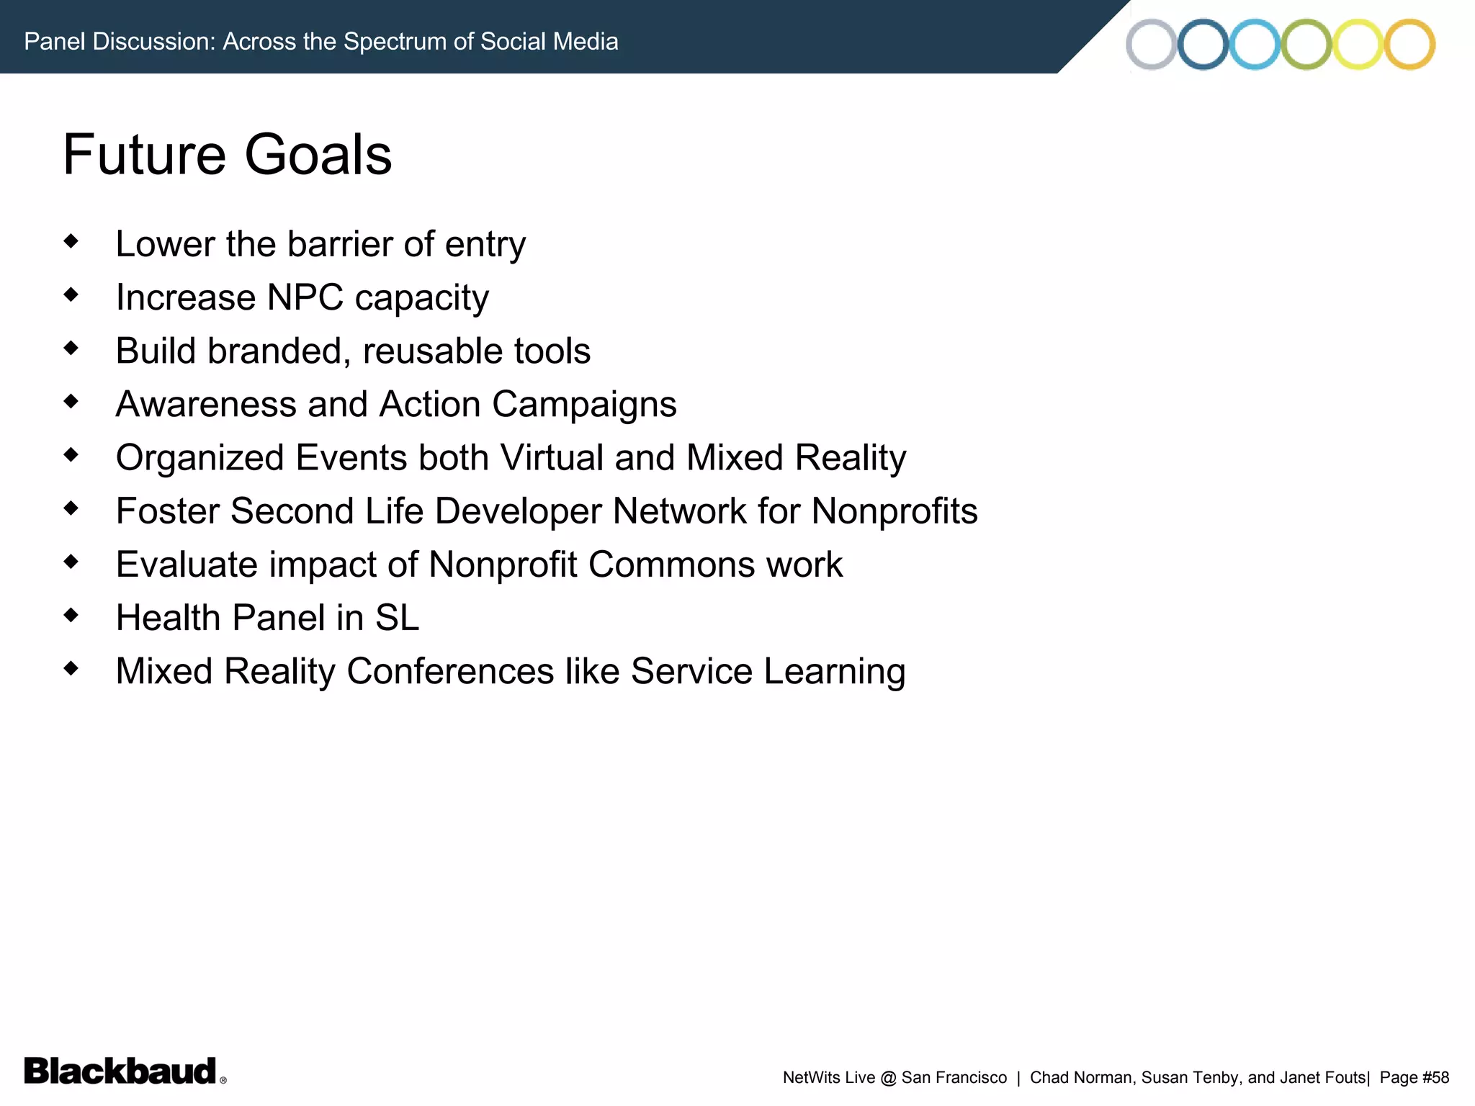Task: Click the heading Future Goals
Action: tap(228, 155)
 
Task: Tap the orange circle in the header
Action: tap(1409, 44)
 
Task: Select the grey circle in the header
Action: tap(1151, 44)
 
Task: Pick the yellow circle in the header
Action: tap(1358, 44)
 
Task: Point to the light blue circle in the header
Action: tap(1255, 44)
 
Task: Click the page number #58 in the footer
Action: tap(1435, 1078)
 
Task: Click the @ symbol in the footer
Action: tap(888, 1078)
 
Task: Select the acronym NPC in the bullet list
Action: tap(305, 297)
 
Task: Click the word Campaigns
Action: tap(584, 405)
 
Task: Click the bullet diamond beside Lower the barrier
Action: tap(71, 241)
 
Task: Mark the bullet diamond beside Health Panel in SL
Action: tap(71, 615)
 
